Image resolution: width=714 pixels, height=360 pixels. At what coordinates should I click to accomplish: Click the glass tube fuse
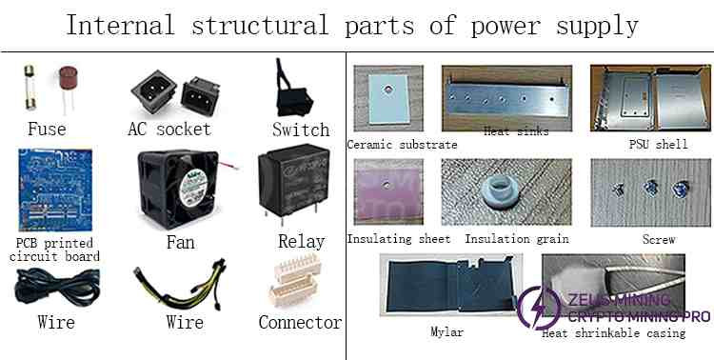point(30,87)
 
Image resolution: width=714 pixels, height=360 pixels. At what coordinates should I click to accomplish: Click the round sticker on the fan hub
point(189,189)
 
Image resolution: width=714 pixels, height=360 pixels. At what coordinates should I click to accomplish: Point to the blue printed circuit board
point(54,190)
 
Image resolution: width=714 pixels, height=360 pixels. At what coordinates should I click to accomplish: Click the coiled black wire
point(57,287)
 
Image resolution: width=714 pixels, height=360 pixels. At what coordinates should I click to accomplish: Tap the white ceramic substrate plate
point(388,97)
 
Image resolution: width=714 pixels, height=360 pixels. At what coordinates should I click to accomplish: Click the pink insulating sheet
point(388,192)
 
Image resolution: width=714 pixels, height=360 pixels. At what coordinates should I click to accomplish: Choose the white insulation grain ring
point(499,190)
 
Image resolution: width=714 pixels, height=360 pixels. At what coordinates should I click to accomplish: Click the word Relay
point(301,242)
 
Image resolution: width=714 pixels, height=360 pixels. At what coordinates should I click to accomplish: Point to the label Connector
point(300,322)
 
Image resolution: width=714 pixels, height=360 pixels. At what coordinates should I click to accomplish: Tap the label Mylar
point(446,331)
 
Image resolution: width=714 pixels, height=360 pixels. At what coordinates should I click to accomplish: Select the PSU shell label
point(658,145)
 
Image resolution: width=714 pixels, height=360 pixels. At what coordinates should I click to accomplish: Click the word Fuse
point(47,129)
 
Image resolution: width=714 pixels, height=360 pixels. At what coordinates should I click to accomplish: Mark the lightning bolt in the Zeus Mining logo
point(538,307)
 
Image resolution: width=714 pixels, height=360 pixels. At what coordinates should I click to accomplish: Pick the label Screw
point(659,239)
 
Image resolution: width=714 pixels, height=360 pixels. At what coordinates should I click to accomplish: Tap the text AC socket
point(169,129)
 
